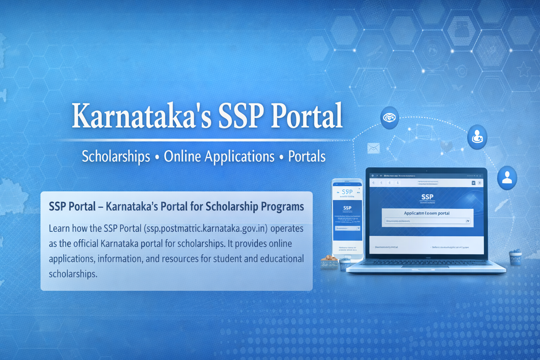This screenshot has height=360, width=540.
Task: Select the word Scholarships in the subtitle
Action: (116, 156)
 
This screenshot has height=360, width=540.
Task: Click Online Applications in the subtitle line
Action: (219, 156)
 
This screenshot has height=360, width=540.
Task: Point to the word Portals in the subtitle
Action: (307, 156)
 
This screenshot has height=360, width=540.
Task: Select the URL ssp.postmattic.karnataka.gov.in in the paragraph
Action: (206, 229)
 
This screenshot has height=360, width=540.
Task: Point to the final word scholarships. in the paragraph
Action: (73, 274)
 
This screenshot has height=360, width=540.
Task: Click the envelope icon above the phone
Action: (373, 148)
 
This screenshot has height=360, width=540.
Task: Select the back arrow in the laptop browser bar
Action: (374, 183)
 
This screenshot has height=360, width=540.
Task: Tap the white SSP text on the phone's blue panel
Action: (347, 208)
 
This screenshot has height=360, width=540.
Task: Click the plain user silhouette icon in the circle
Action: (507, 177)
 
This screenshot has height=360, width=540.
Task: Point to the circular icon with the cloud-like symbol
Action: (390, 118)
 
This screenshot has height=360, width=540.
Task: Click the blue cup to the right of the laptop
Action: (515, 257)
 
